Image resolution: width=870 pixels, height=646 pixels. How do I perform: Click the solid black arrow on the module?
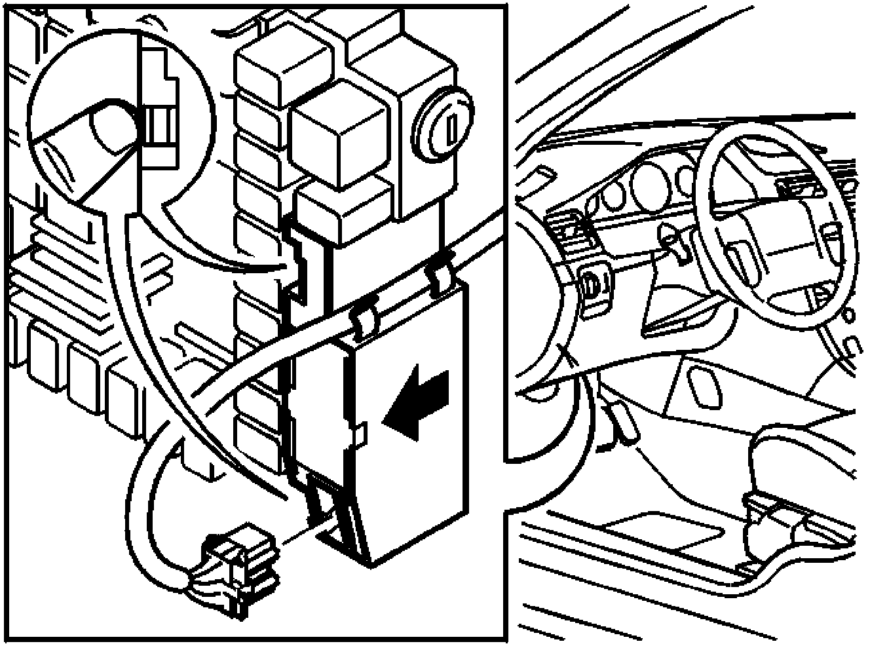418,402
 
